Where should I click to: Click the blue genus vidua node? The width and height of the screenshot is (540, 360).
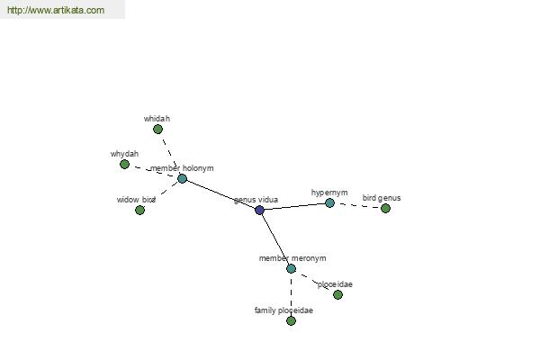click(260, 210)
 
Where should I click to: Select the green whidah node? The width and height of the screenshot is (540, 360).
click(157, 130)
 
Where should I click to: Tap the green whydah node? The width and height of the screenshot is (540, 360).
click(125, 165)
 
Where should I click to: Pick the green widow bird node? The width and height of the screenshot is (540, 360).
click(139, 210)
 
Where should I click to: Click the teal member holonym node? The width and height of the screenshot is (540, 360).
click(182, 178)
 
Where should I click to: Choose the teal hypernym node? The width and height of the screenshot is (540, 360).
click(329, 202)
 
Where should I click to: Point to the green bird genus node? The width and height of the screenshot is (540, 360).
click(385, 208)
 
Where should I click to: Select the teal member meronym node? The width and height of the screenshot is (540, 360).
click(291, 268)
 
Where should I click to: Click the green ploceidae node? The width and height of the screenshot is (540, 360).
click(337, 294)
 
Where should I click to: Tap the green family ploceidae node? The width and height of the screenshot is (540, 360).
click(291, 320)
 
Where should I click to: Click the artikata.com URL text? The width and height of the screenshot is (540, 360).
click(56, 10)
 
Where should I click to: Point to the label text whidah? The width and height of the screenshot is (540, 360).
click(157, 119)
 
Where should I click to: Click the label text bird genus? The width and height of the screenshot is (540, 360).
click(382, 198)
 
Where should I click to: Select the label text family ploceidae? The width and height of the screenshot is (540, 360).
click(283, 310)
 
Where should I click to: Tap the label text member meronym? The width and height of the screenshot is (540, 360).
click(292, 258)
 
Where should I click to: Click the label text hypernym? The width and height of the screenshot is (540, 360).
click(329, 193)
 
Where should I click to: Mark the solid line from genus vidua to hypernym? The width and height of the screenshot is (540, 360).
click(295, 206)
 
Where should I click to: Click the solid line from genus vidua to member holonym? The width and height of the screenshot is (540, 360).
click(220, 194)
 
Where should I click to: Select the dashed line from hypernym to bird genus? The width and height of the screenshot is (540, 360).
click(357, 206)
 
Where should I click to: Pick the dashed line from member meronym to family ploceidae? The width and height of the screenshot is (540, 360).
click(291, 294)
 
